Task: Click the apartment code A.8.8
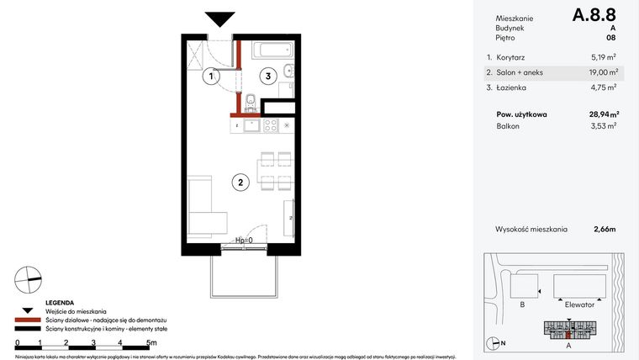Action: click(x=594, y=15)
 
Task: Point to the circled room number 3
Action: click(x=267, y=77)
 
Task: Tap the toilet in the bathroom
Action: click(x=251, y=101)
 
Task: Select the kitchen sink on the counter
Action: click(x=250, y=125)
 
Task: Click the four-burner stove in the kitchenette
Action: click(x=271, y=125)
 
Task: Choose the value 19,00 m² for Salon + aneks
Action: click(x=603, y=72)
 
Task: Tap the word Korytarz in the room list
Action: click(x=512, y=58)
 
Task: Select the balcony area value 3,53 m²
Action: click(x=605, y=126)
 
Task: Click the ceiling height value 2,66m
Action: click(x=604, y=228)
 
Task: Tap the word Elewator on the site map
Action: click(x=579, y=304)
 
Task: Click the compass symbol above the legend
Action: click(x=27, y=278)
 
